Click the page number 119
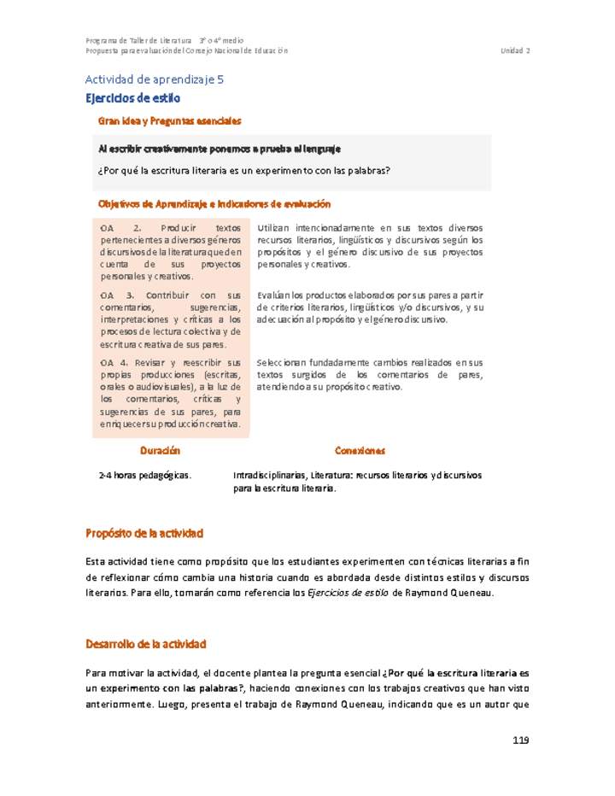tap(520, 740)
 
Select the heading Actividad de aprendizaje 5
tap(154, 79)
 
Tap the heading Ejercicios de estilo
tap(132, 98)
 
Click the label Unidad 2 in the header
tap(515, 50)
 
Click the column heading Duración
tap(160, 450)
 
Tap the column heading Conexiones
tap(360, 450)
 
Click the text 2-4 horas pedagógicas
tap(145, 475)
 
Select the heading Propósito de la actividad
tap(144, 533)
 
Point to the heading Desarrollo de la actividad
tap(146, 643)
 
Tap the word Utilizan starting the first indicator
tap(272, 228)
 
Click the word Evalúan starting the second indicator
tap(273, 295)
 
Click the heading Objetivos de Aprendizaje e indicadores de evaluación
tap(214, 204)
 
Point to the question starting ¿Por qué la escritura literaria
tap(245, 170)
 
